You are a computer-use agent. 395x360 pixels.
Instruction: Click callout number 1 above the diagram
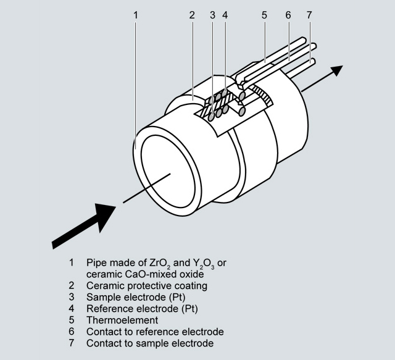point(135,14)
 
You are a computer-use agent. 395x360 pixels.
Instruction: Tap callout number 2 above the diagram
point(192,14)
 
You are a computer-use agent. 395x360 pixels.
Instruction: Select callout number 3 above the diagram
point(212,14)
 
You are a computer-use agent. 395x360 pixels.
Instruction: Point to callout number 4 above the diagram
point(225,14)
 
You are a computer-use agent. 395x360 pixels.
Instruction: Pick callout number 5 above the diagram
point(264,14)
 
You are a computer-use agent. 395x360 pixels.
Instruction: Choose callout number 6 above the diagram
point(288,14)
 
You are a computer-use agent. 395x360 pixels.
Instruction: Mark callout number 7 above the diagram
point(309,14)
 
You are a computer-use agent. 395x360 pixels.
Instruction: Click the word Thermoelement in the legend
point(122,320)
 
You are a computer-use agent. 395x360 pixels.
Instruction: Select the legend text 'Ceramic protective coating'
point(146,286)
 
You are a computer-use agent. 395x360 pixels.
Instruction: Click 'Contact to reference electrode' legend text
point(154,332)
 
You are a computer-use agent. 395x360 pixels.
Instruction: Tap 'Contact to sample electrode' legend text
point(149,343)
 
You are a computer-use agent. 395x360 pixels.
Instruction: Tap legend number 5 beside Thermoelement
point(72,320)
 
